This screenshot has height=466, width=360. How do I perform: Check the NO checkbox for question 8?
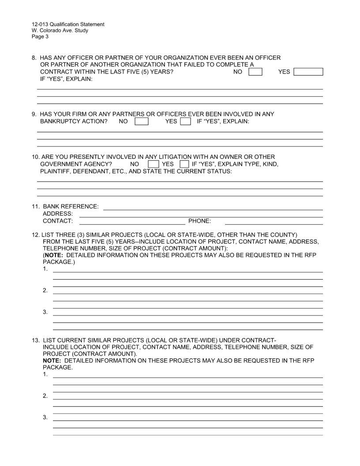click(x=255, y=71)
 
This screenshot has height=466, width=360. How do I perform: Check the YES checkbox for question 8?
click(x=308, y=71)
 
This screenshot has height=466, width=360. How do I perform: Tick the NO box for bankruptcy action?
click(x=141, y=121)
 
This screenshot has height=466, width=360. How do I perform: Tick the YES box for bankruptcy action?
click(x=186, y=121)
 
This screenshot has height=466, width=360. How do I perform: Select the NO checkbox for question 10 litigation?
click(x=153, y=164)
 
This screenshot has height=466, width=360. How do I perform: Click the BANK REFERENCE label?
click(x=71, y=207)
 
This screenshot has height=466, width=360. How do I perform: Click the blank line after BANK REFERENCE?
click(x=213, y=207)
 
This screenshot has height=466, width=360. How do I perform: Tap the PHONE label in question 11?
click(x=199, y=221)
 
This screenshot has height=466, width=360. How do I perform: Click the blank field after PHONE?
click(x=274, y=221)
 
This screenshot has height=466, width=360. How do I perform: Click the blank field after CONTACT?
click(x=132, y=221)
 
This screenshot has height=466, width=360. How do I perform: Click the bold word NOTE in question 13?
click(x=52, y=361)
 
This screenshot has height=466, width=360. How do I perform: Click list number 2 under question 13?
click(x=45, y=396)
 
